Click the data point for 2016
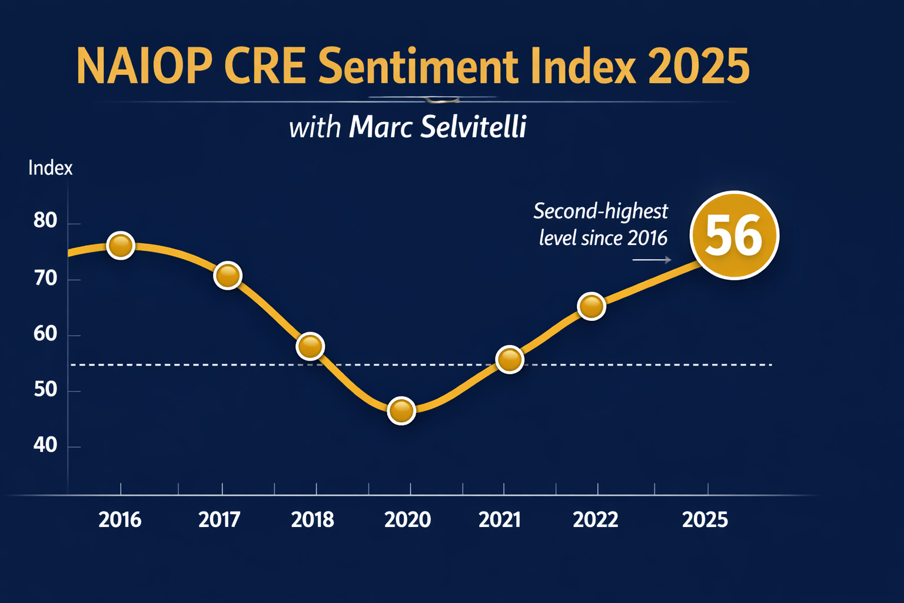pyautogui.click(x=121, y=246)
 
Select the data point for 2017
pyautogui.click(x=228, y=275)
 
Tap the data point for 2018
pyautogui.click(x=311, y=346)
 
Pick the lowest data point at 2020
pyautogui.click(x=401, y=410)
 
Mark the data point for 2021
pyautogui.click(x=510, y=359)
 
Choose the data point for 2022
pyautogui.click(x=591, y=306)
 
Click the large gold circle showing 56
pyautogui.click(x=734, y=236)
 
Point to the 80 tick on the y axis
pyautogui.click(x=45, y=221)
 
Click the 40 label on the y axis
pyautogui.click(x=45, y=445)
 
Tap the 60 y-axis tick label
pyautogui.click(x=45, y=334)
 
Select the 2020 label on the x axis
pyautogui.click(x=407, y=520)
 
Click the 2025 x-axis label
pyautogui.click(x=705, y=520)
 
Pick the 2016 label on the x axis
pyautogui.click(x=120, y=520)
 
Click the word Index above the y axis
pyautogui.click(x=51, y=168)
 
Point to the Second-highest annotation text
pyautogui.click(x=600, y=211)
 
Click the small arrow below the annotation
pyautogui.click(x=652, y=260)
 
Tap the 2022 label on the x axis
pyautogui.click(x=596, y=520)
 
